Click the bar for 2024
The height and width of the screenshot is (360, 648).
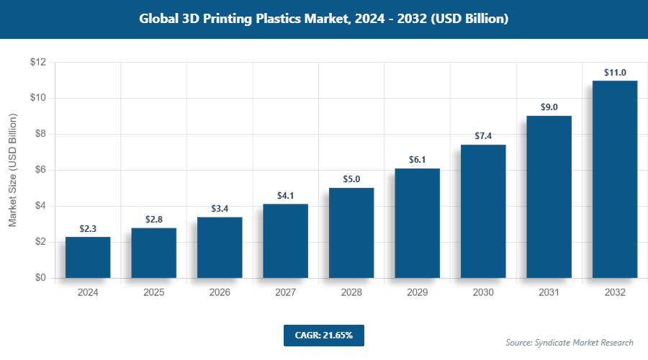[x=88, y=257]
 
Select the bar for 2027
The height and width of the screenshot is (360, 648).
[x=285, y=241]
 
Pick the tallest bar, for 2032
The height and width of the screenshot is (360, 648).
[x=614, y=179]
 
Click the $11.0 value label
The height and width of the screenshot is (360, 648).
[x=614, y=73]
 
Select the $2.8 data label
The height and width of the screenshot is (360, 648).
[x=153, y=220]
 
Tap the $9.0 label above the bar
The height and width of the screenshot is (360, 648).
[x=549, y=107]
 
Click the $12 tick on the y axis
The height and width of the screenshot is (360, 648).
[x=38, y=63]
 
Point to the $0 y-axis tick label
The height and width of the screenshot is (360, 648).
[x=40, y=278]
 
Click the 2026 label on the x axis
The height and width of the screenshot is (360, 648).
[x=220, y=293]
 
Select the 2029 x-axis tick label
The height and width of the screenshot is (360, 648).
[x=417, y=293]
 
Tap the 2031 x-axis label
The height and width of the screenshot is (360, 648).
[x=549, y=293]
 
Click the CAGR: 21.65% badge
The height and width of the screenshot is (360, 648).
[x=323, y=335]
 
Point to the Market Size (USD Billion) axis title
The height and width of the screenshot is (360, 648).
[x=12, y=171]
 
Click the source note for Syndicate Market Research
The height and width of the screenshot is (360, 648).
[x=569, y=343]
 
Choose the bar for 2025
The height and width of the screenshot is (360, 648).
[x=153, y=253]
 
